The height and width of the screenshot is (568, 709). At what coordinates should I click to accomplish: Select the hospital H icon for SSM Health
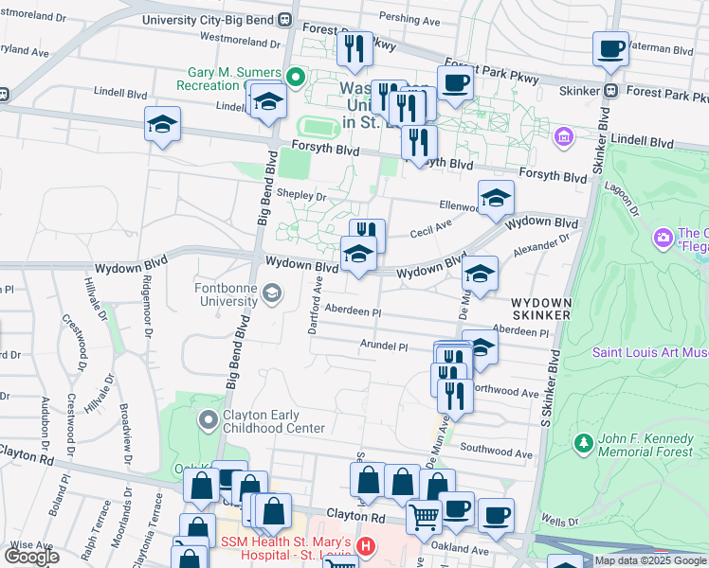[x=366, y=546]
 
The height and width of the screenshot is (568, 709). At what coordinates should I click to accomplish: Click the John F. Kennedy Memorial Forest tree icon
[x=583, y=442]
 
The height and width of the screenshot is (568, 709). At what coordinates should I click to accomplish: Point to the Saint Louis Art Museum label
[x=650, y=352]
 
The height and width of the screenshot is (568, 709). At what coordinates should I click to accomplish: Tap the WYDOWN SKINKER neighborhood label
[x=541, y=307]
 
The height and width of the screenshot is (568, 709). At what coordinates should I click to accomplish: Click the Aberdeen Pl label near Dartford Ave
[x=352, y=311]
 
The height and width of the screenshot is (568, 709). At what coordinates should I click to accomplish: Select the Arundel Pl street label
[x=384, y=346]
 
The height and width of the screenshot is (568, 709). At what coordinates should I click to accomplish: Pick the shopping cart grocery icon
[x=424, y=515]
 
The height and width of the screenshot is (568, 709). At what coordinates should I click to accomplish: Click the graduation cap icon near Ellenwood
[x=496, y=198]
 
